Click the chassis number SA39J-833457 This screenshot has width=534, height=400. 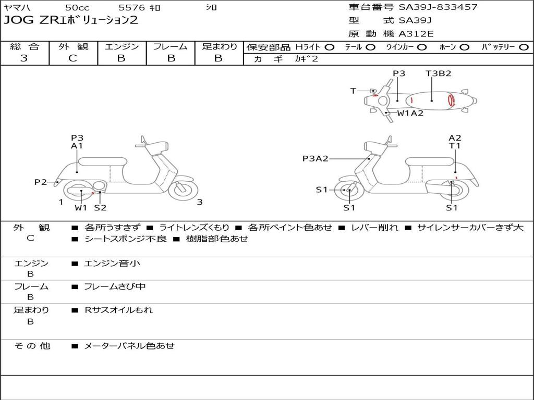click(438, 7)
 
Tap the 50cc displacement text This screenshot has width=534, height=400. click(77, 8)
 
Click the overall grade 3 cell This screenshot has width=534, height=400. click(24, 58)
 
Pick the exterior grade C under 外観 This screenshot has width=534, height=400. click(72, 58)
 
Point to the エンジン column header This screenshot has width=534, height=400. click(122, 47)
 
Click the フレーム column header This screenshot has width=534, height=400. click(170, 47)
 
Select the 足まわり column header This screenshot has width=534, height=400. click(220, 47)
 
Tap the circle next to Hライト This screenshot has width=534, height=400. click(330, 47)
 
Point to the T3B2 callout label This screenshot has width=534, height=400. click(438, 73)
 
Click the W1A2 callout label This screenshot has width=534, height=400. click(410, 113)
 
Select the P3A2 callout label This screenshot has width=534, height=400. click(315, 159)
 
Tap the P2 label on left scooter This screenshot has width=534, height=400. click(41, 182)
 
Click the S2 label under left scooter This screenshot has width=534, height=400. click(100, 208)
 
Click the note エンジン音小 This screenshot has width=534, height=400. click(112, 264)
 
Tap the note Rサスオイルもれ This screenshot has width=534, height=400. click(119, 310)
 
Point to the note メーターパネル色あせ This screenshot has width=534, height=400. click(129, 345)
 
